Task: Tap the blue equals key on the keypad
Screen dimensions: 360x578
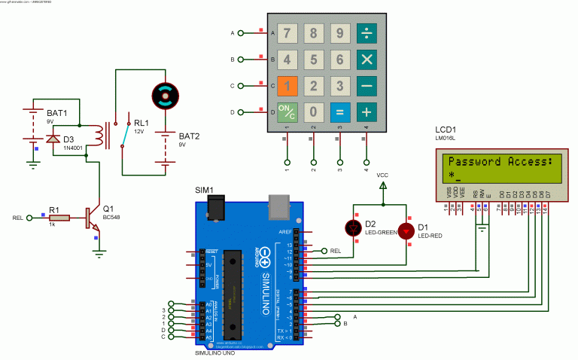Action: [340, 113]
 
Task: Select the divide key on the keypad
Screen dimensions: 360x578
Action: [367, 32]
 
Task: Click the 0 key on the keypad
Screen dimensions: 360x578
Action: [315, 113]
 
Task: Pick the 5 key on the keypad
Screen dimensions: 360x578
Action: [315, 59]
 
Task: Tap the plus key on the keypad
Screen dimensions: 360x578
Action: [367, 113]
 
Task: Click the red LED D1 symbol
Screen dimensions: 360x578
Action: [406, 230]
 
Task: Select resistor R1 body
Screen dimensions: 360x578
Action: [59, 218]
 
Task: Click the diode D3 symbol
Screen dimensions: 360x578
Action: [53, 139]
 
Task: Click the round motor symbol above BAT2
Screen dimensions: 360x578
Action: [166, 95]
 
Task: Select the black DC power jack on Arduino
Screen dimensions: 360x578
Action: [218, 206]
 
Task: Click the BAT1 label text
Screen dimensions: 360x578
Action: [57, 112]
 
